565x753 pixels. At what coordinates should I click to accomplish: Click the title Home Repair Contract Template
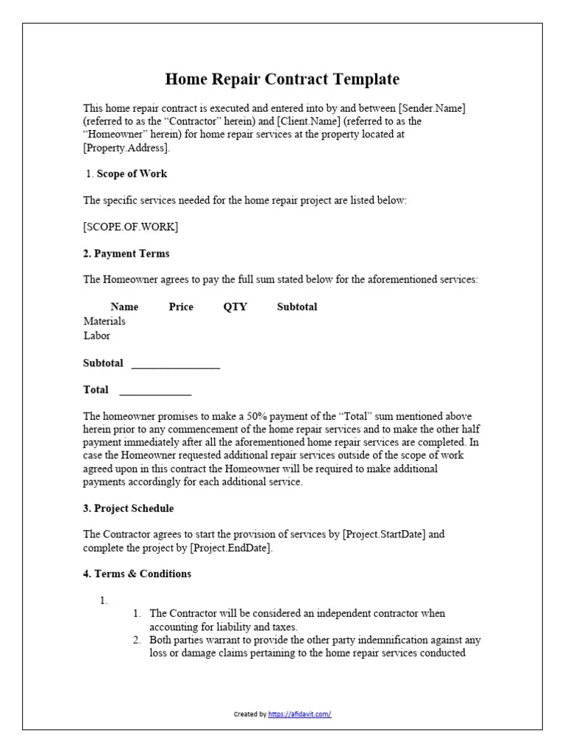(x=282, y=79)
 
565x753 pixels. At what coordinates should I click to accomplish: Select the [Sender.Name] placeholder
(x=432, y=108)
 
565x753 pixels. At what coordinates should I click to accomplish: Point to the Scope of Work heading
(x=132, y=174)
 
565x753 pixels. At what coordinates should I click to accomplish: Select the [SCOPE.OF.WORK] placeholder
(x=130, y=226)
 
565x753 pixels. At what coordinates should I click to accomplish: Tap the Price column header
(x=181, y=307)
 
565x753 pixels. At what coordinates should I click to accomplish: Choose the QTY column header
(x=235, y=307)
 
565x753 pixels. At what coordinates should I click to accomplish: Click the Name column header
(x=124, y=307)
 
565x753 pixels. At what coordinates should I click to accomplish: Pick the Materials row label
(x=104, y=321)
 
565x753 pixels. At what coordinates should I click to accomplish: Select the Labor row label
(x=97, y=335)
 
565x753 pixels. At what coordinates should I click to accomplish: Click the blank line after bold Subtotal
(x=175, y=364)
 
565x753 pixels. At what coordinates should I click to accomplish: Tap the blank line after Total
(x=155, y=390)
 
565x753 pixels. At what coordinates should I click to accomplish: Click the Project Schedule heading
(x=129, y=509)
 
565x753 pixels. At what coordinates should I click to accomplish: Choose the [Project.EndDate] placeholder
(x=230, y=548)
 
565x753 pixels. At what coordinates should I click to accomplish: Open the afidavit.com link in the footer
(x=300, y=714)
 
